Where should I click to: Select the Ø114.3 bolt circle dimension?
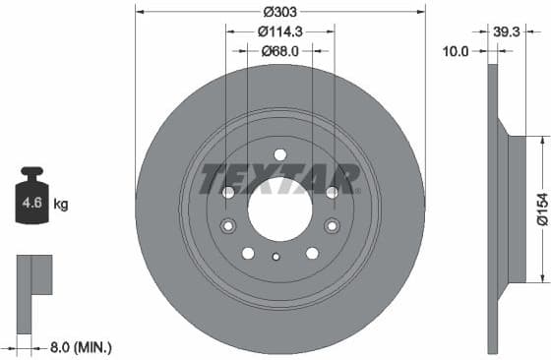(x=279, y=31)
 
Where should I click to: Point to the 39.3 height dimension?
(x=506, y=31)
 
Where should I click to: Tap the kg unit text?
(x=60, y=206)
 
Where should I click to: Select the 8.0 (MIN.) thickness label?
(x=81, y=346)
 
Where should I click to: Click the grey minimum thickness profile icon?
(x=32, y=274)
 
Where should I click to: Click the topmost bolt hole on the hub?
(x=279, y=154)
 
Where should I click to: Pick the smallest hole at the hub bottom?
(x=276, y=258)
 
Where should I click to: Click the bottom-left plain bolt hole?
(x=248, y=254)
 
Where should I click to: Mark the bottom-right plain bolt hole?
(x=312, y=254)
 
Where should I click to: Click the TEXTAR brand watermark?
(x=279, y=179)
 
